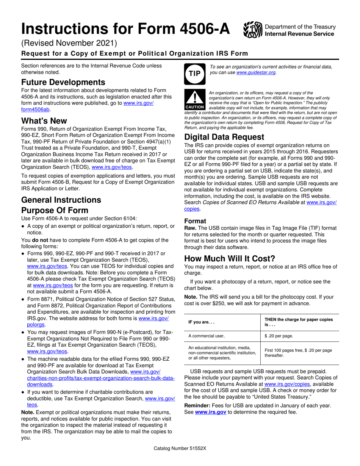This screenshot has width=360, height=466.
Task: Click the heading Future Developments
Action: click(x=63, y=82)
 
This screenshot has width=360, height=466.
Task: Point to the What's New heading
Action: click(x=44, y=121)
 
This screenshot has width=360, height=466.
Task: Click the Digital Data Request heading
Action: click(x=225, y=137)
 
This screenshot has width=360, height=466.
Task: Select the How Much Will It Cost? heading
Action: click(x=230, y=259)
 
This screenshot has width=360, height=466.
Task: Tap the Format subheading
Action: click(x=195, y=221)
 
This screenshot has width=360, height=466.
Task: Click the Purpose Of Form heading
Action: click(x=55, y=210)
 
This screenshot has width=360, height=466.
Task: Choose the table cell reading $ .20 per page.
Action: click(x=279, y=336)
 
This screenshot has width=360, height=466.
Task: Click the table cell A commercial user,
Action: click(x=207, y=336)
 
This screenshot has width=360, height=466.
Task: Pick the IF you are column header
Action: click(x=202, y=322)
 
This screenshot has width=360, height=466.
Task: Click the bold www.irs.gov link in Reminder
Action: click(x=211, y=412)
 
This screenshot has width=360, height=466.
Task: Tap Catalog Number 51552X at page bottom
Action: click(x=180, y=448)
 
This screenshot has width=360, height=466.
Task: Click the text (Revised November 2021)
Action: click(x=69, y=43)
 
